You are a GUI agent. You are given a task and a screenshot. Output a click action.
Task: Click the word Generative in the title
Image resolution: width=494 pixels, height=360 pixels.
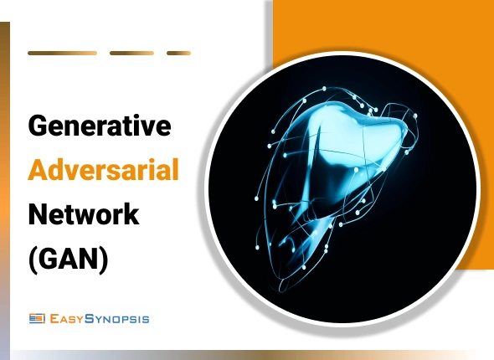coord(100,126)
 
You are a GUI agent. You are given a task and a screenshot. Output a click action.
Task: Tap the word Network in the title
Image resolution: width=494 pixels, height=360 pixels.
coord(83,215)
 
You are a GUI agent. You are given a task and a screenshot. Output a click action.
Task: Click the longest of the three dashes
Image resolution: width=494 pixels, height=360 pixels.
coord(62,53)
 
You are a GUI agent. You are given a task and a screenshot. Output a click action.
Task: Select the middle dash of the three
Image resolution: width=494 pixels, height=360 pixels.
coord(131,53)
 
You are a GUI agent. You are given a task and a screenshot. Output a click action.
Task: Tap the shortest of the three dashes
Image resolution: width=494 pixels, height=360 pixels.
coord(178,53)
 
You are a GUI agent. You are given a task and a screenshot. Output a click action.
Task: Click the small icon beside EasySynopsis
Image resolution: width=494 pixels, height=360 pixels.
coord(37,317)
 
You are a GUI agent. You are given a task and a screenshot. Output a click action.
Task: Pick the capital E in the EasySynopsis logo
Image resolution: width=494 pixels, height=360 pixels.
coord(55,317)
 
